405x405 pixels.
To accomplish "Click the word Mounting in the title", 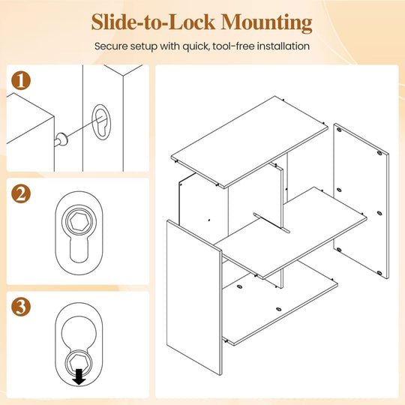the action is (266, 22).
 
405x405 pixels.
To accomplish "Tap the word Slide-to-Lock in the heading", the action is (153, 22).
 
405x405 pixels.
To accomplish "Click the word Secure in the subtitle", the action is (111, 46).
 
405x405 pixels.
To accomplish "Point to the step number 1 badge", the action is (21, 80).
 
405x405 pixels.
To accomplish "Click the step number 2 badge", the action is (21, 193).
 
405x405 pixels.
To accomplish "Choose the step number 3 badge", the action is (21, 307).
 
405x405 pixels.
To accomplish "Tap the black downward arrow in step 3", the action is (79, 376).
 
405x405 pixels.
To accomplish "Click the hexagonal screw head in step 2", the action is (79, 221).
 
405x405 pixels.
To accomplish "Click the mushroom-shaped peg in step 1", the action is (61, 139).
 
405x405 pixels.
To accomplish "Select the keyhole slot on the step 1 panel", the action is (101, 122).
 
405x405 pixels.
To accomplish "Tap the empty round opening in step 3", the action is (79, 331).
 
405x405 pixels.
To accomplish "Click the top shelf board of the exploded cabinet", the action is (249, 142).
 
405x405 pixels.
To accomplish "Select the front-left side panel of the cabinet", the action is (194, 297).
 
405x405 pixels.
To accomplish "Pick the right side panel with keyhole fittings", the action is (361, 201).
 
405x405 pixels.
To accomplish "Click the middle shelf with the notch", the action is (291, 232).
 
